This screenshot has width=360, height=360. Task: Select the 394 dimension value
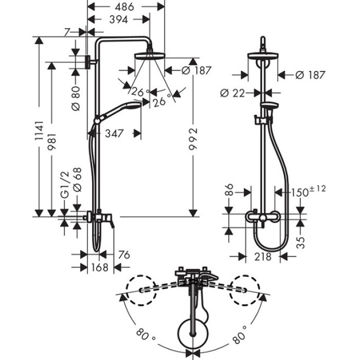click(119, 20)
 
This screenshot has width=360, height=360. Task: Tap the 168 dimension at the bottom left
click(99, 267)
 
